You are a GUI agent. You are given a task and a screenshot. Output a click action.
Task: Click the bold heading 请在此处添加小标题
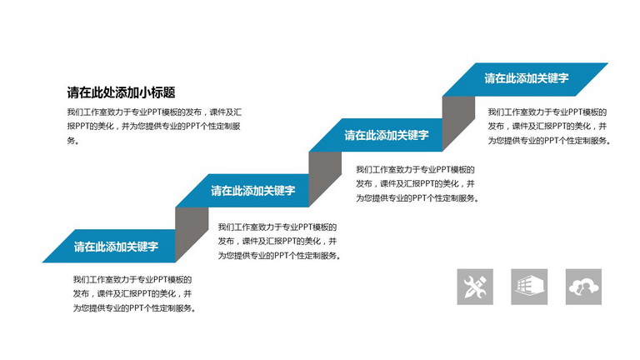[121, 92]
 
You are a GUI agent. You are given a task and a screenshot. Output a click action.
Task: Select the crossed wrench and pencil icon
[475, 287]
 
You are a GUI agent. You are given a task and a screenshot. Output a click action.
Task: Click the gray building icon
[529, 287]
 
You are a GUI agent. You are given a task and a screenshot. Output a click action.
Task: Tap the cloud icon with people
[583, 287]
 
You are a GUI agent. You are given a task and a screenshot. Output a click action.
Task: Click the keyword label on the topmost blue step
[527, 78]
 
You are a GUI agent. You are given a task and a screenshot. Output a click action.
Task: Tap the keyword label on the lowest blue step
[116, 246]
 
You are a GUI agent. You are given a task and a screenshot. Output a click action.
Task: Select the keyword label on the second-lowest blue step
[253, 190]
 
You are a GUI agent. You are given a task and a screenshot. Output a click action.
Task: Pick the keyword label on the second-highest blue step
[387, 135]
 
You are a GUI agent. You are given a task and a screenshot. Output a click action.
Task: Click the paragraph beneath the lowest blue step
[135, 294]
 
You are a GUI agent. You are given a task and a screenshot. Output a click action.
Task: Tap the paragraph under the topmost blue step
[549, 126]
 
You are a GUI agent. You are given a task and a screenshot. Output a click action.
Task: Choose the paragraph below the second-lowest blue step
[280, 241]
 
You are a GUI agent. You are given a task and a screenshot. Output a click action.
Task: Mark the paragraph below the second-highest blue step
[417, 183]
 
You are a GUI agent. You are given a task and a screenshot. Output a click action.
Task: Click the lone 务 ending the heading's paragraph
[71, 140]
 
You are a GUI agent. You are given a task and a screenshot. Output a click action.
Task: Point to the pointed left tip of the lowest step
[42, 262]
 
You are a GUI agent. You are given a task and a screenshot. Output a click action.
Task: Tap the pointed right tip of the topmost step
[607, 63]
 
